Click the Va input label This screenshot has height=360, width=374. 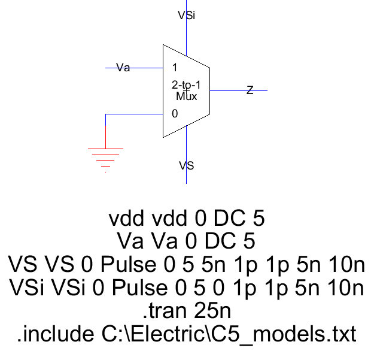(123, 68)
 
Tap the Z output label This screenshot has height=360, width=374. (250, 90)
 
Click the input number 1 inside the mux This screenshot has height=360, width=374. (174, 68)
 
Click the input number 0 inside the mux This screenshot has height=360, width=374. (174, 113)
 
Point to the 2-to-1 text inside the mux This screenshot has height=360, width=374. (186, 86)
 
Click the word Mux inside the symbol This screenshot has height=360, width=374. (187, 96)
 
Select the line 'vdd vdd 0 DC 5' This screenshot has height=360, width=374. (187, 219)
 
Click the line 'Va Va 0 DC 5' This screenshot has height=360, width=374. (187, 241)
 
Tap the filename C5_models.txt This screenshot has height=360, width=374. (284, 334)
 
